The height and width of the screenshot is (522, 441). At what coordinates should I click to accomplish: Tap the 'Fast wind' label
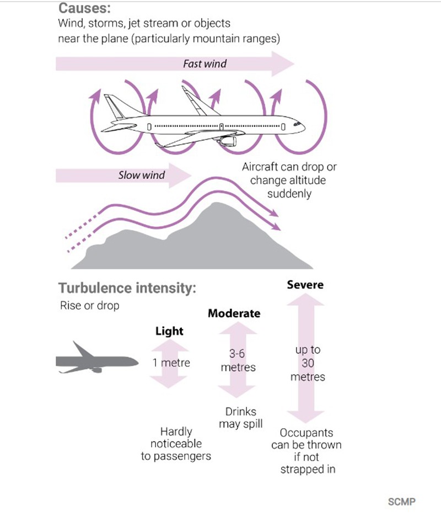pos(205,64)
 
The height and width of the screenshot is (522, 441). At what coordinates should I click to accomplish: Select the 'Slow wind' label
pos(142,176)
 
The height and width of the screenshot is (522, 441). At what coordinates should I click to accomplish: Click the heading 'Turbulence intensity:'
pos(127,289)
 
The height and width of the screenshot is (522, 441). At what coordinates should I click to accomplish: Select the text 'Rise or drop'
pos(89,306)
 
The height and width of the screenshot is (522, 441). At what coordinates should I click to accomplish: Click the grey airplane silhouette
pos(96,360)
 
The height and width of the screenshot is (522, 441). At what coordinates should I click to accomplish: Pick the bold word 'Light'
pos(169,332)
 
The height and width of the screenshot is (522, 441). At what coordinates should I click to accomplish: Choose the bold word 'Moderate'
pos(234,313)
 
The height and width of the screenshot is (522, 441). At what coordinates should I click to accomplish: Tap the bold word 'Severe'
pos(305,285)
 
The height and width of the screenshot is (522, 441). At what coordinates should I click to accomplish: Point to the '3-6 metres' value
pos(238,360)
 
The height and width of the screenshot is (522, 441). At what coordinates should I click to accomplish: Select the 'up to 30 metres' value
pos(308,364)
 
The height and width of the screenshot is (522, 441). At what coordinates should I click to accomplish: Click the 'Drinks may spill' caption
pos(240,418)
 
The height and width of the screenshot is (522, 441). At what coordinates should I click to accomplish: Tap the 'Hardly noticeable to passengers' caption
pos(176,444)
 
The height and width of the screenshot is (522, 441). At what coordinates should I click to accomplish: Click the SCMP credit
pos(401,502)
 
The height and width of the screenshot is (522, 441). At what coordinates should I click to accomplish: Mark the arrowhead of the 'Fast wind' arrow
pos(284,64)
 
